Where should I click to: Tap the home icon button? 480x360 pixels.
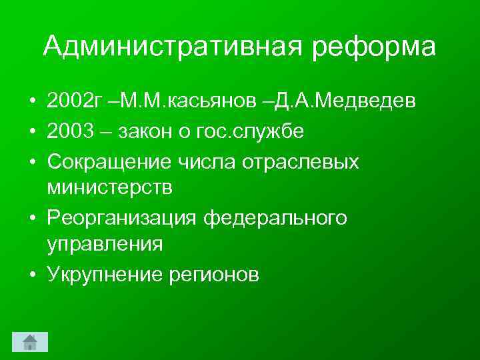30,342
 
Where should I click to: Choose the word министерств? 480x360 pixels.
109,188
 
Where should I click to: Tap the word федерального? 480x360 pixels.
275,217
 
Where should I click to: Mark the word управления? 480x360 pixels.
105,245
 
